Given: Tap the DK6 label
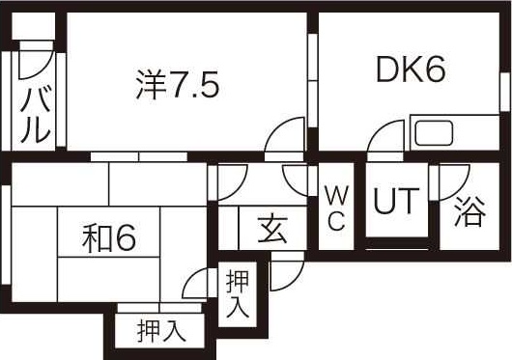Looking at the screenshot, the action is coord(411,69).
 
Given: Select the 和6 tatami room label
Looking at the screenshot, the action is coord(106,237).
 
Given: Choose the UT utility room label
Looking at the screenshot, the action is coord(396,203).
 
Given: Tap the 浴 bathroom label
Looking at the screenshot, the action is coord(469,210).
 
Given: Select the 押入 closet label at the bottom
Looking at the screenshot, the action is coord(160,329).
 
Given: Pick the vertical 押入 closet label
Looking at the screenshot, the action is coord(238,294).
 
